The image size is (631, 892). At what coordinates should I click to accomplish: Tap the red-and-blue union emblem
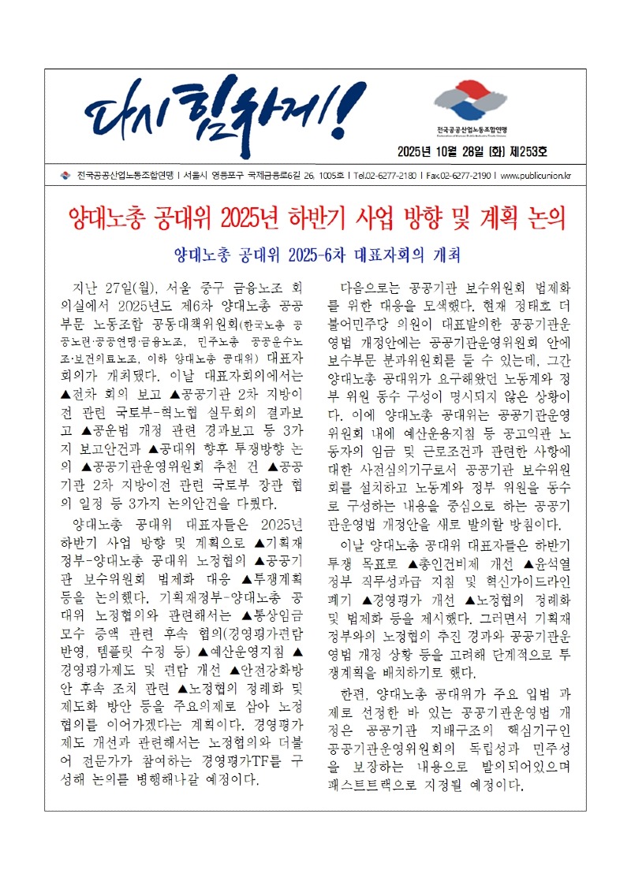click(471, 103)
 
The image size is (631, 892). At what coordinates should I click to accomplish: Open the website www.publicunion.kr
click(536, 175)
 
